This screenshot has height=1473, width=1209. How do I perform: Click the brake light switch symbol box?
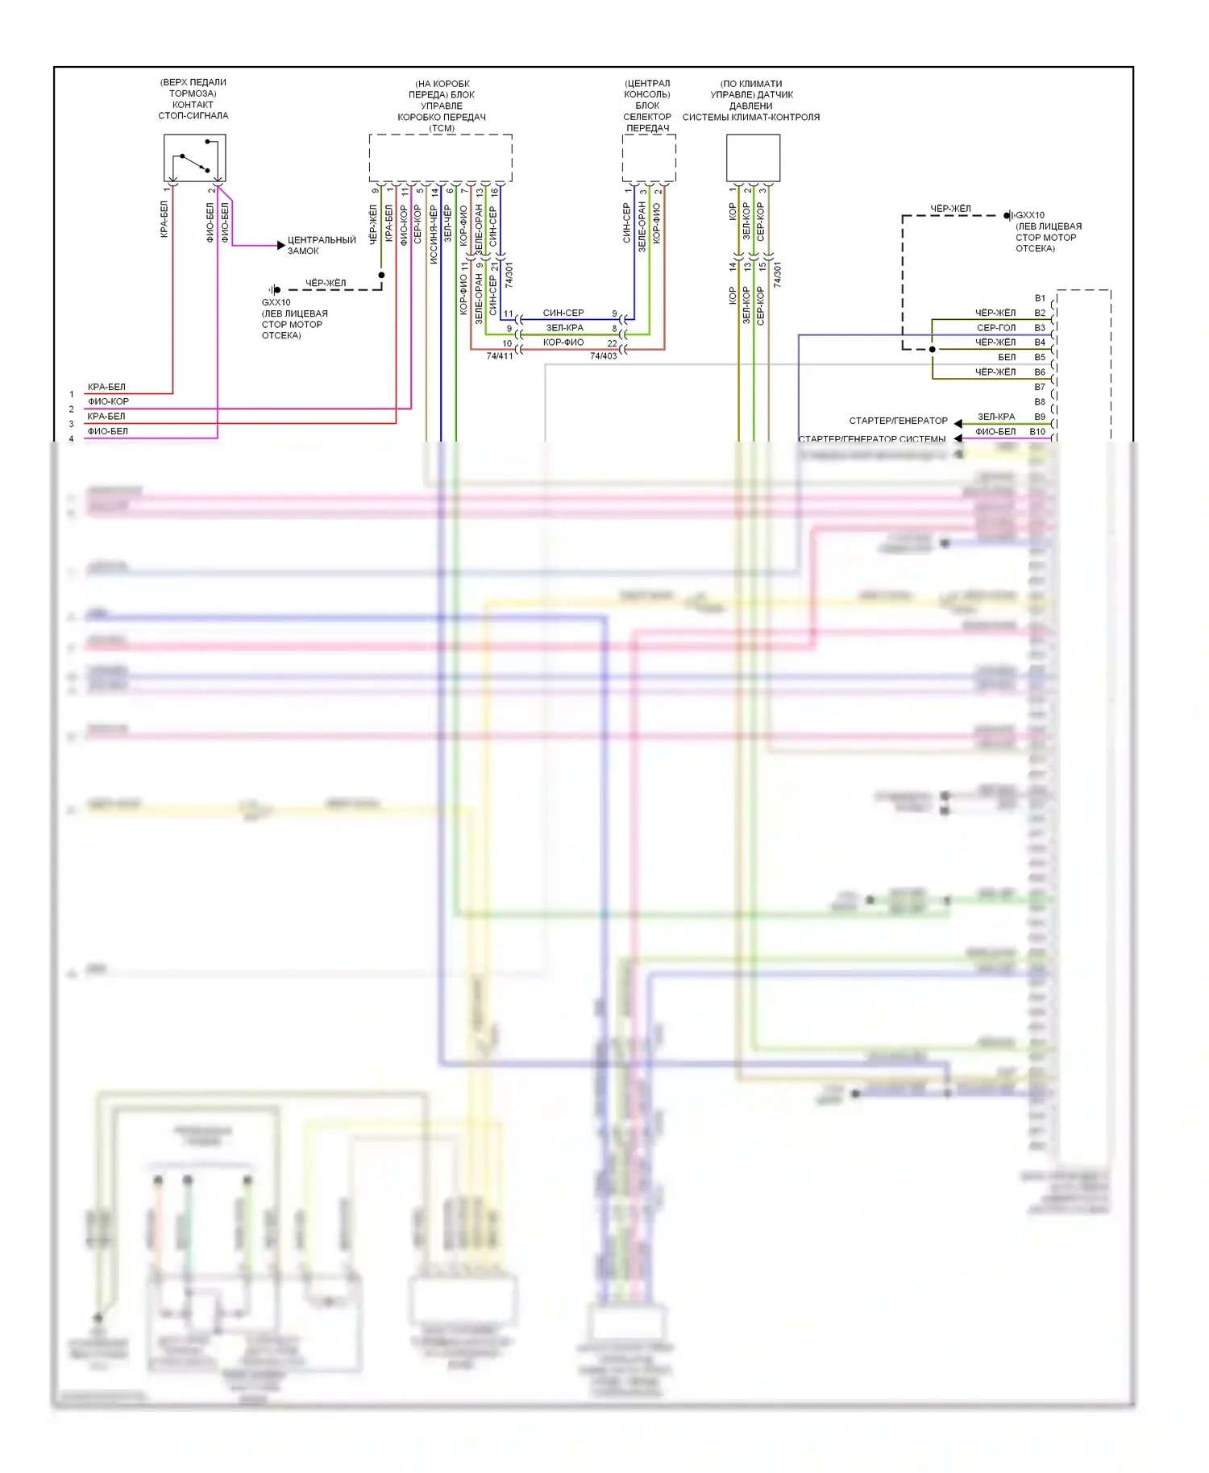click(x=194, y=158)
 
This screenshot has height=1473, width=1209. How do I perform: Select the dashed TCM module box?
click(x=440, y=158)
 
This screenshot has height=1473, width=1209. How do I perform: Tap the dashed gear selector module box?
click(x=648, y=158)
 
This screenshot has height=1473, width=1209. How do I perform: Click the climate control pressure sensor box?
click(x=753, y=158)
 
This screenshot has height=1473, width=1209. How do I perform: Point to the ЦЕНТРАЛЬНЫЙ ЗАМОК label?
click(x=321, y=245)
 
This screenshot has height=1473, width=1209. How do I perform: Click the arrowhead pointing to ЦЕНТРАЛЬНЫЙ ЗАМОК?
click(x=280, y=245)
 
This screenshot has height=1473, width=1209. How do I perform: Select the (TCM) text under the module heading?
click(x=442, y=128)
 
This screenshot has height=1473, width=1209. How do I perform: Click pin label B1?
click(x=1040, y=298)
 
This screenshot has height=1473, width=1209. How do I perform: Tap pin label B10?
click(x=1037, y=432)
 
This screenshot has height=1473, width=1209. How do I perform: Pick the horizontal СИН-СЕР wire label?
click(x=563, y=313)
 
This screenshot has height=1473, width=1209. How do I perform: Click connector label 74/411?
click(x=500, y=356)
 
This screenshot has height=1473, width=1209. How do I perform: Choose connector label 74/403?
click(x=603, y=356)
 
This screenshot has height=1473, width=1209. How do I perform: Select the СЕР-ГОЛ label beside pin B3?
click(x=996, y=328)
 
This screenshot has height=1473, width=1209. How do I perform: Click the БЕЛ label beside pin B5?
click(x=1007, y=357)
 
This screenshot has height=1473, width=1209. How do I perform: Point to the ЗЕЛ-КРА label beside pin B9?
click(x=996, y=417)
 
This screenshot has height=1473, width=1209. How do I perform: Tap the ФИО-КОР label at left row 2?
click(x=108, y=401)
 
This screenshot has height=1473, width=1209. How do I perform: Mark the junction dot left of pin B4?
click(x=933, y=349)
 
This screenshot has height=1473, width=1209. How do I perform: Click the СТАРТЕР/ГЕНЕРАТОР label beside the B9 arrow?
click(x=898, y=421)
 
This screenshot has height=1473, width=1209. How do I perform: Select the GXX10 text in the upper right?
click(x=1030, y=215)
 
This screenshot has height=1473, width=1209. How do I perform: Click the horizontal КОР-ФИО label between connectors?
click(x=563, y=342)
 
